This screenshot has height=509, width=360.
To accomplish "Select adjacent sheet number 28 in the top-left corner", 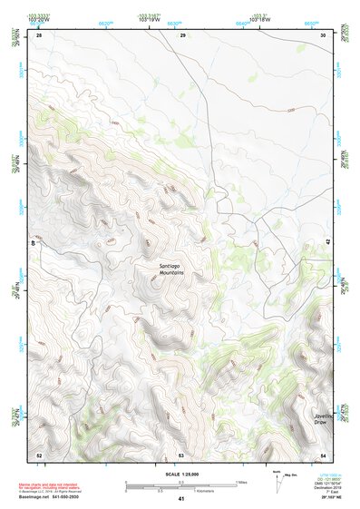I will (x=39, y=35).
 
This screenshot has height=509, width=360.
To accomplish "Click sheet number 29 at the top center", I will (x=182, y=35).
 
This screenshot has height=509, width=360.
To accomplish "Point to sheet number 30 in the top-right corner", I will (x=324, y=35).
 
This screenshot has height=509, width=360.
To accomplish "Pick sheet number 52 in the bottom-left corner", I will (x=39, y=454).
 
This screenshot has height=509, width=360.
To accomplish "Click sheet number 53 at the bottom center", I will (x=181, y=454).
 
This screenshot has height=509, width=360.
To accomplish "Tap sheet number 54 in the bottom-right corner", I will (x=324, y=454).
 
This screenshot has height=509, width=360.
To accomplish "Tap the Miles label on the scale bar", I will (x=240, y=482).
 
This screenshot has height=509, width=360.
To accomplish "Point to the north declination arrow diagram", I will (x=277, y=478).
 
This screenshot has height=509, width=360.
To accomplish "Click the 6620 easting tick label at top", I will (x=106, y=22).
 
